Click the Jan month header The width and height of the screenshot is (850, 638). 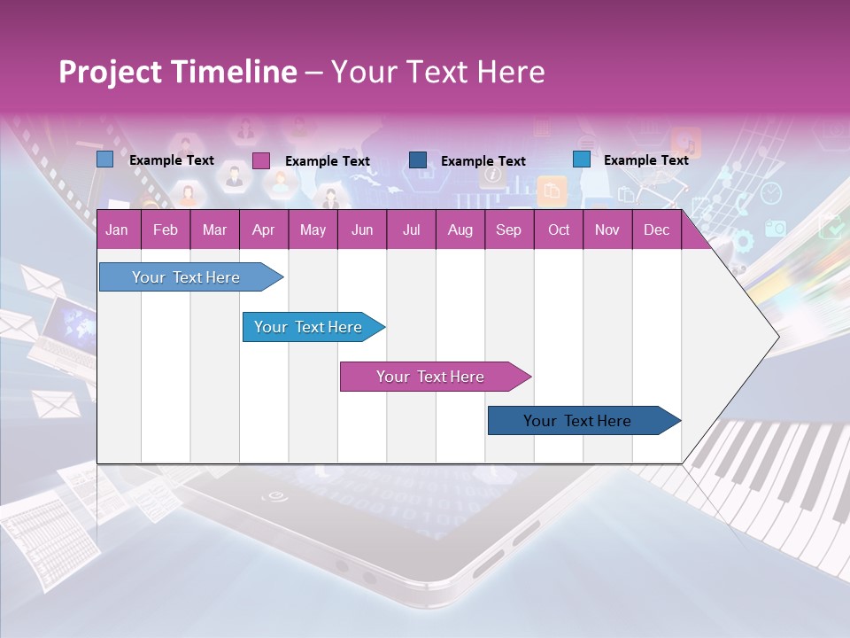[117, 230]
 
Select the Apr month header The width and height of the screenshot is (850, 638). [263, 230]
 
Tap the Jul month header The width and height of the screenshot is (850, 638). [411, 230]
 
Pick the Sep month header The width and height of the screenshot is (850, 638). [508, 230]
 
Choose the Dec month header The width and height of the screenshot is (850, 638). [656, 230]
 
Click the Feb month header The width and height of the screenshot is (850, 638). [166, 230]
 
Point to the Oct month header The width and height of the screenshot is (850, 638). [559, 230]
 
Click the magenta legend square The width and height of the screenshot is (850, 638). [260, 160]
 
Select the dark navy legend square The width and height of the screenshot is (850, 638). [418, 160]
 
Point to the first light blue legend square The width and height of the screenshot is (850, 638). [104, 159]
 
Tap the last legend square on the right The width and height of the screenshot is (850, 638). [581, 159]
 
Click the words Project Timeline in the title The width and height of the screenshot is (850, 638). [177, 72]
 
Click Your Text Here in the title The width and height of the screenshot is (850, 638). [437, 72]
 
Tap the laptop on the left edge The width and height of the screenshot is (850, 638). [66, 332]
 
